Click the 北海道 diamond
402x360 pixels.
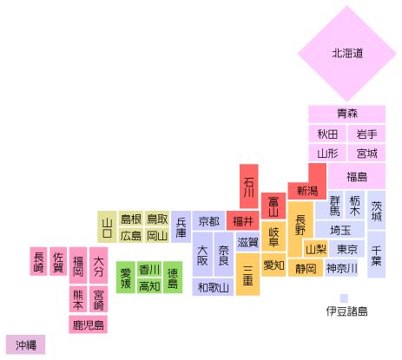click(x=346, y=54)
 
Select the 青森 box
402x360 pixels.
click(x=346, y=114)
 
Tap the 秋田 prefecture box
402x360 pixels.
click(x=327, y=134)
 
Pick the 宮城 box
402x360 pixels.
click(x=366, y=153)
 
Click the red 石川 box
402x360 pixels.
click(x=249, y=187)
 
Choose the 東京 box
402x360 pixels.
click(x=347, y=249)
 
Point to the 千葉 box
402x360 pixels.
click(x=376, y=254)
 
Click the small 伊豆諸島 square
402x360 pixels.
click(x=344, y=298)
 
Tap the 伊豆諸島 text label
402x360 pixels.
click(x=346, y=311)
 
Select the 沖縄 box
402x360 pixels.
click(x=25, y=344)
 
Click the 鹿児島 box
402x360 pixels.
click(x=88, y=324)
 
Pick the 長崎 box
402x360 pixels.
click(x=38, y=261)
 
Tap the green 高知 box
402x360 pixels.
click(x=149, y=286)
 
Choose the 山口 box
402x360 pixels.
click(x=107, y=226)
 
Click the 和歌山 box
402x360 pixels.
click(x=213, y=287)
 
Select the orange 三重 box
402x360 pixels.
click(x=247, y=274)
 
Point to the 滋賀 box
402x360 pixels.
click(x=247, y=242)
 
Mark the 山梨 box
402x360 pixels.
click(x=316, y=249)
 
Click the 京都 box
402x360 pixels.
click(x=208, y=221)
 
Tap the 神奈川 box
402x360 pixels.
click(x=341, y=268)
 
